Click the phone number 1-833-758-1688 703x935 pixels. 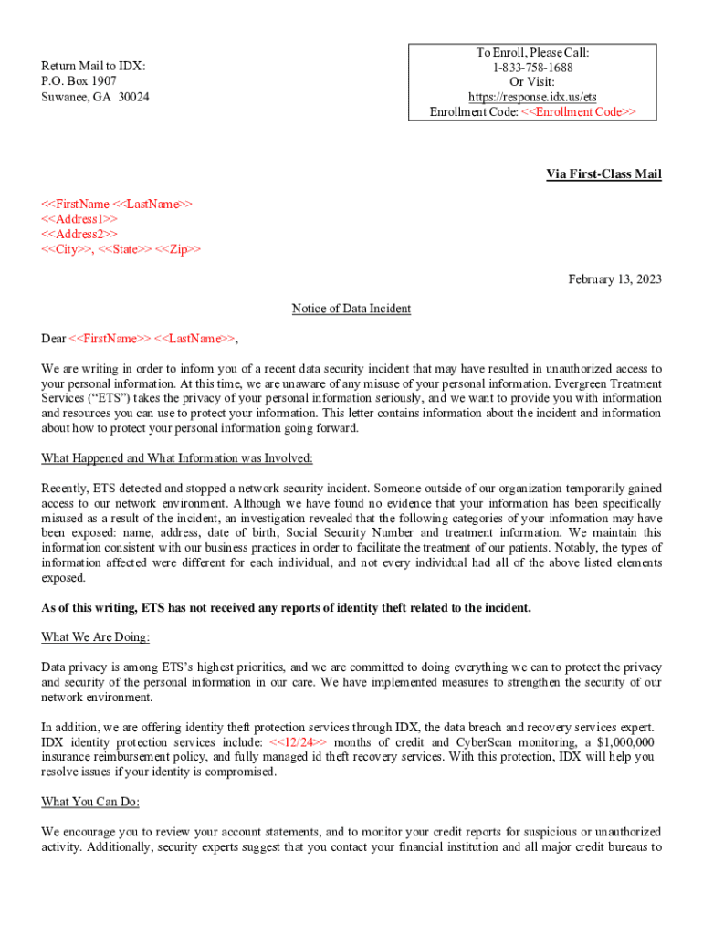pos(534,68)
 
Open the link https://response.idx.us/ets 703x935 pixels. pos(534,97)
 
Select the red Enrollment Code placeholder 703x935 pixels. pos(579,111)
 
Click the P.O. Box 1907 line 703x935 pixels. pos(79,81)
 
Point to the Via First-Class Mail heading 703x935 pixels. pos(603,174)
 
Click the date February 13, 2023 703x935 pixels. pos(614,278)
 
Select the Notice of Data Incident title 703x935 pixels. pos(351,309)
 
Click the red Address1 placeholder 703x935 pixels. pos(79,219)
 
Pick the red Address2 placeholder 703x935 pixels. pos(79,235)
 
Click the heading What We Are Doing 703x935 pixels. pos(96,636)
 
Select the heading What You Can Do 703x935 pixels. pos(90,802)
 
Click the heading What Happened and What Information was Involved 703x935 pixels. pos(177,458)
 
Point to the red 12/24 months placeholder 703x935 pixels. pos(298,742)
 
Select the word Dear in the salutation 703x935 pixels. pos(54,339)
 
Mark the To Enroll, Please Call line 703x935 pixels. pos(534,53)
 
